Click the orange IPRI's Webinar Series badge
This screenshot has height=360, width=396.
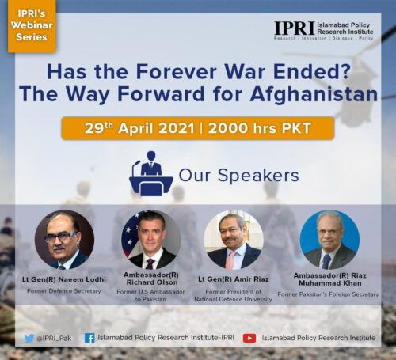pyautogui.click(x=32, y=25)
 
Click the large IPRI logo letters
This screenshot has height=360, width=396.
pyautogui.click(x=295, y=28)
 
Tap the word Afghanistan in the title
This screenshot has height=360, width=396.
pyautogui.click(x=314, y=94)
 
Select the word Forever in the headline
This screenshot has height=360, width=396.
pyautogui.click(x=176, y=71)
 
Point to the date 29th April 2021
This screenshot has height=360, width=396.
pyautogui.click(x=139, y=128)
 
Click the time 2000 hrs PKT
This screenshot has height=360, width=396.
pyautogui.click(x=259, y=128)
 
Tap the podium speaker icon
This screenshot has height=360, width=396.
pyautogui.click(x=151, y=173)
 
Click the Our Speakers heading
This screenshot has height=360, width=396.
pyautogui.click(x=238, y=176)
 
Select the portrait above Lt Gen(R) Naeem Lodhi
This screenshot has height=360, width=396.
pyautogui.click(x=64, y=240)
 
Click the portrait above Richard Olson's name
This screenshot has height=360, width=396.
pyautogui.click(x=151, y=240)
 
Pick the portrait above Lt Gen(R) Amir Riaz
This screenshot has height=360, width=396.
pyautogui.click(x=234, y=240)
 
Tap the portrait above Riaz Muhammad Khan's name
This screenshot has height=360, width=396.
pyautogui.click(x=329, y=240)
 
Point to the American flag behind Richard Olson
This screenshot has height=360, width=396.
pyautogui.click(x=130, y=235)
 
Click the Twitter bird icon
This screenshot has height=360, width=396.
pyautogui.click(x=29, y=338)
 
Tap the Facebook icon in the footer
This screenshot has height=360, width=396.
pyautogui.click(x=89, y=338)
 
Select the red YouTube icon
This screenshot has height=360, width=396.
pyautogui.click(x=249, y=338)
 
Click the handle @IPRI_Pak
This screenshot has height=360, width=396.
pyautogui.click(x=54, y=339)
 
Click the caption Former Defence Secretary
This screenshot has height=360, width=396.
pyautogui.click(x=64, y=291)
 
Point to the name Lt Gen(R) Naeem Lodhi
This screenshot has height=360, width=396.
pyautogui.click(x=64, y=279)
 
